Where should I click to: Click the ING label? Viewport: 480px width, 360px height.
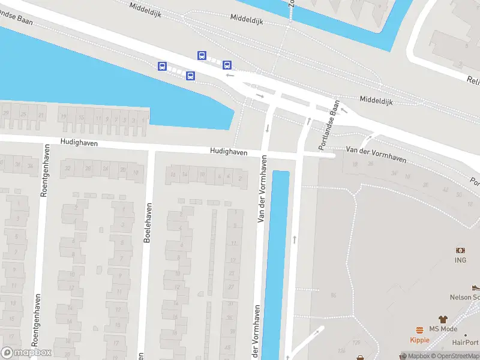click(x=460, y=260)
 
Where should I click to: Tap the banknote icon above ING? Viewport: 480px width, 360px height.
click(x=460, y=250)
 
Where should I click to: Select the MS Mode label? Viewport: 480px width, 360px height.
click(x=443, y=329)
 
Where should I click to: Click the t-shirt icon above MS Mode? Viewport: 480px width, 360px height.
click(x=443, y=319)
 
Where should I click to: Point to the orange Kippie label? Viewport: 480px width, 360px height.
click(x=419, y=340)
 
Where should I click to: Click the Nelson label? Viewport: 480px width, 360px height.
click(x=465, y=297)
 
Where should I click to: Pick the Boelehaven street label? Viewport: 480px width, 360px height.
click(x=148, y=223)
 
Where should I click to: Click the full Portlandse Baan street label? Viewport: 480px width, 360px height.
click(x=329, y=125)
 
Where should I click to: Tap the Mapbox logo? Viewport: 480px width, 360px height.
click(x=26, y=353)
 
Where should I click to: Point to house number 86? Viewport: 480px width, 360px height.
click(x=333, y=295)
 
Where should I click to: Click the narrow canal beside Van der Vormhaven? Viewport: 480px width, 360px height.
click(x=276, y=258)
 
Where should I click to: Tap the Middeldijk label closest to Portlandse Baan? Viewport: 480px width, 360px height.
click(x=376, y=100)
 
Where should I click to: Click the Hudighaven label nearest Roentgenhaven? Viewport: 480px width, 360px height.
click(x=79, y=143)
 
